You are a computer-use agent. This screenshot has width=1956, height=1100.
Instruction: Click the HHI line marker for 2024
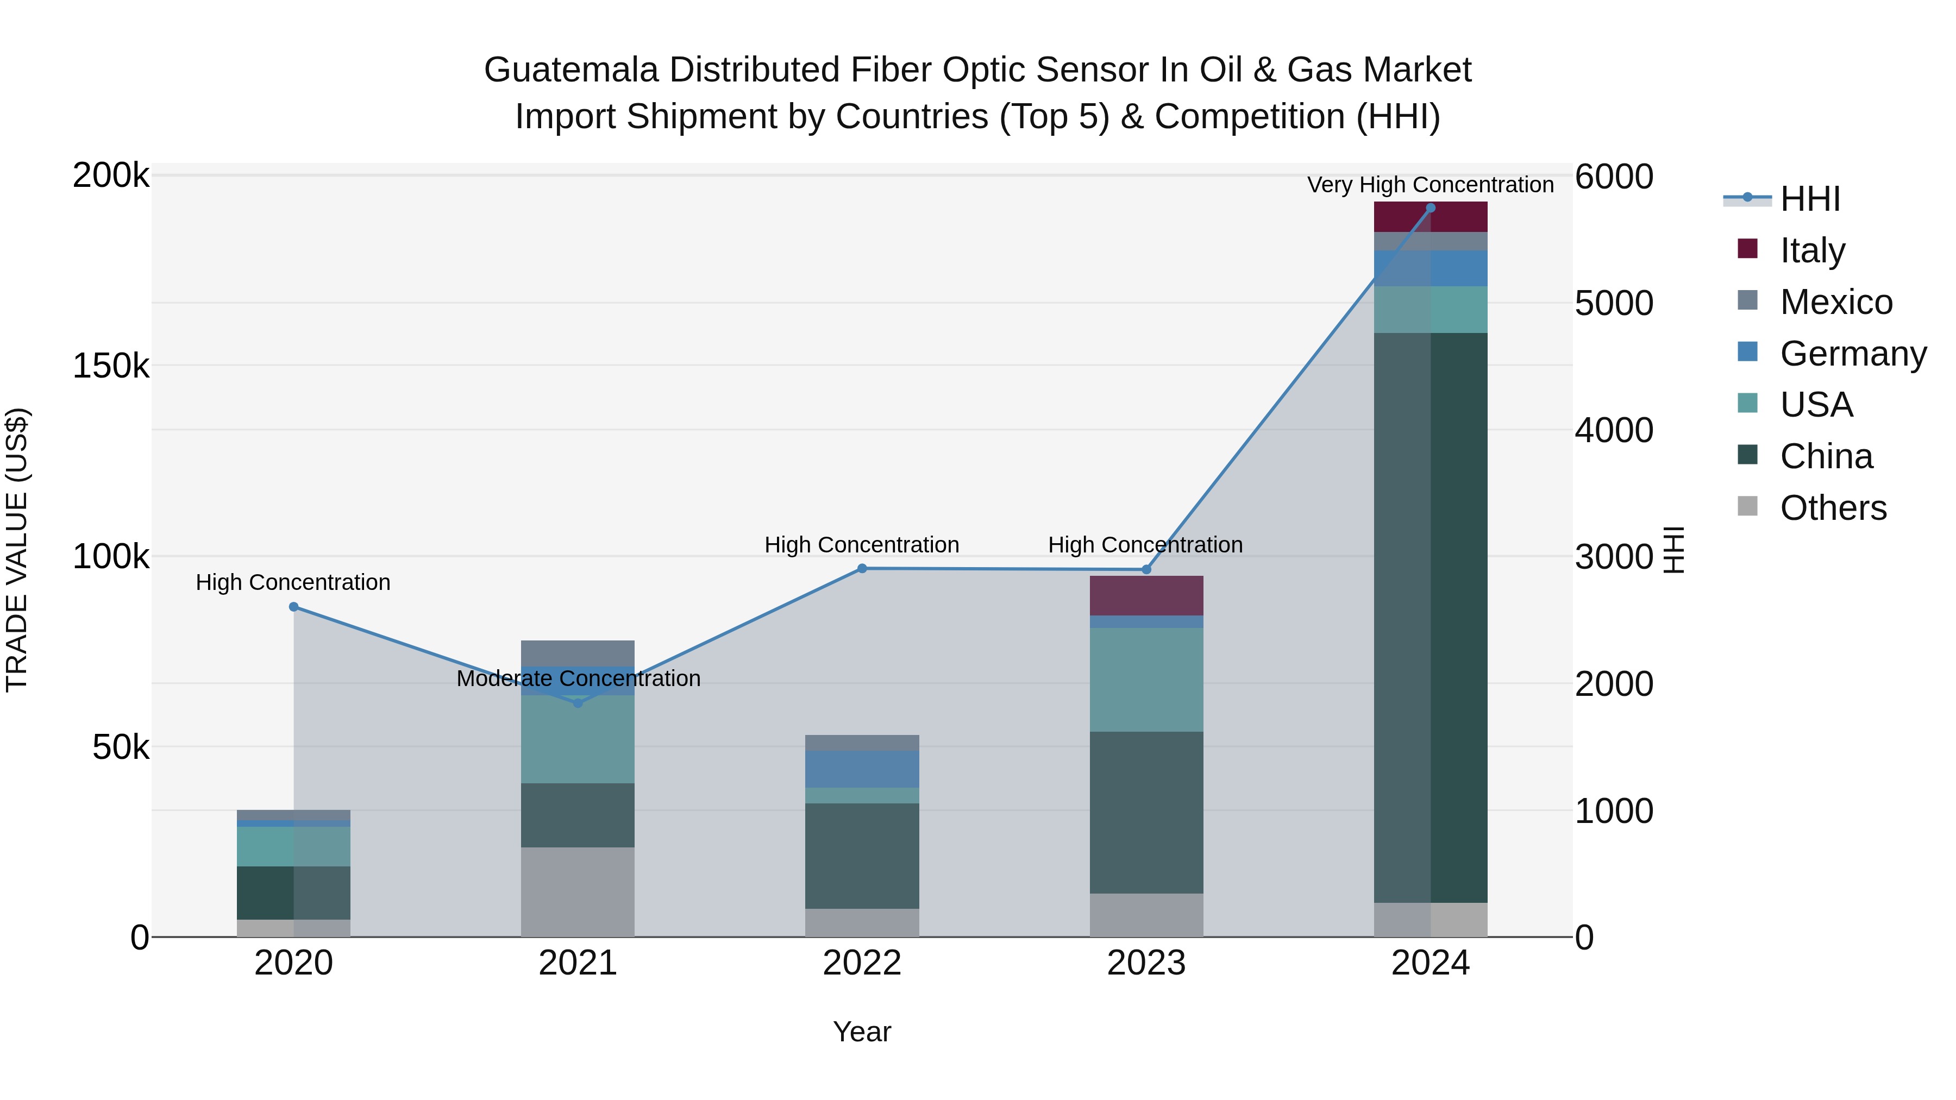[x=1431, y=208]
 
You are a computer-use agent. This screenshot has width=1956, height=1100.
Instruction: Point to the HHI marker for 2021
[x=578, y=703]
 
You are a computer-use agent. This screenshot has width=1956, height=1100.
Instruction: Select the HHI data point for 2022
[x=862, y=569]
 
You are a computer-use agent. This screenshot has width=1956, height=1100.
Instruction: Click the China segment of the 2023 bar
[x=1146, y=812]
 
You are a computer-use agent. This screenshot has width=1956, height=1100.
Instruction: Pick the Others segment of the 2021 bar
[x=578, y=892]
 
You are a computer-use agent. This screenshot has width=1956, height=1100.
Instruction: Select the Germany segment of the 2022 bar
[x=862, y=769]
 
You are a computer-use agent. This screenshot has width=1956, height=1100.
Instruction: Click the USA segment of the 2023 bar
[x=1146, y=680]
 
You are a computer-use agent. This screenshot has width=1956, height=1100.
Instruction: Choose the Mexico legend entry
[x=1835, y=302]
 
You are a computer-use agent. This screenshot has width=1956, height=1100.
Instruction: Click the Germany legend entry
[x=1853, y=354]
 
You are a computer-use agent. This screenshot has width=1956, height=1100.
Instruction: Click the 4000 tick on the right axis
[x=1614, y=430]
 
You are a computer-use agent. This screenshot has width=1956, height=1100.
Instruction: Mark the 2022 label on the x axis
[x=862, y=963]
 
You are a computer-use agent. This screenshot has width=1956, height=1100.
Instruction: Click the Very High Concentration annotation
[x=1431, y=185]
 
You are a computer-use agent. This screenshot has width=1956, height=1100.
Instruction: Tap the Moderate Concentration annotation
[x=578, y=678]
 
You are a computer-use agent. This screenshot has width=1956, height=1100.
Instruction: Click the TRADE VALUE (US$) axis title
[x=17, y=550]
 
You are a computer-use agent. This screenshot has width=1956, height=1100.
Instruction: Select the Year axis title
[x=862, y=1032]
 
